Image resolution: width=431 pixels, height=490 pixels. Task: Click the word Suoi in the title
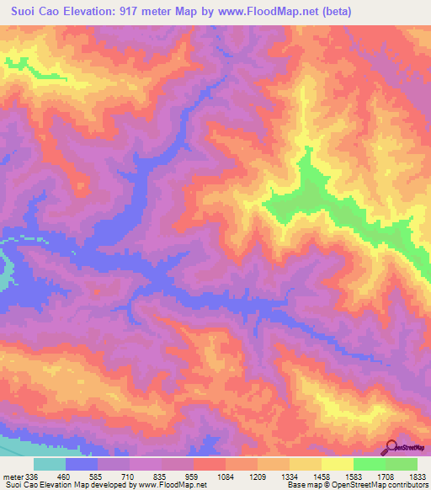(26, 12)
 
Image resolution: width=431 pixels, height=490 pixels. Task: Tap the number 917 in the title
(146, 12)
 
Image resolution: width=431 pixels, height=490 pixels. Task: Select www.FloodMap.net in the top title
(267, 12)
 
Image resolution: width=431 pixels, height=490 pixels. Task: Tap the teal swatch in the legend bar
(50, 464)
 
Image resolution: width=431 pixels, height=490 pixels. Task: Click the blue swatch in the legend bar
(82, 464)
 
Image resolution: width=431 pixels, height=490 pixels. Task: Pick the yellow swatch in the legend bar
(338, 464)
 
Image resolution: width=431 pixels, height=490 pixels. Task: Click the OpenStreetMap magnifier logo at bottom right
(391, 447)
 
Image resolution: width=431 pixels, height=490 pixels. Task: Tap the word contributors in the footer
(408, 485)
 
